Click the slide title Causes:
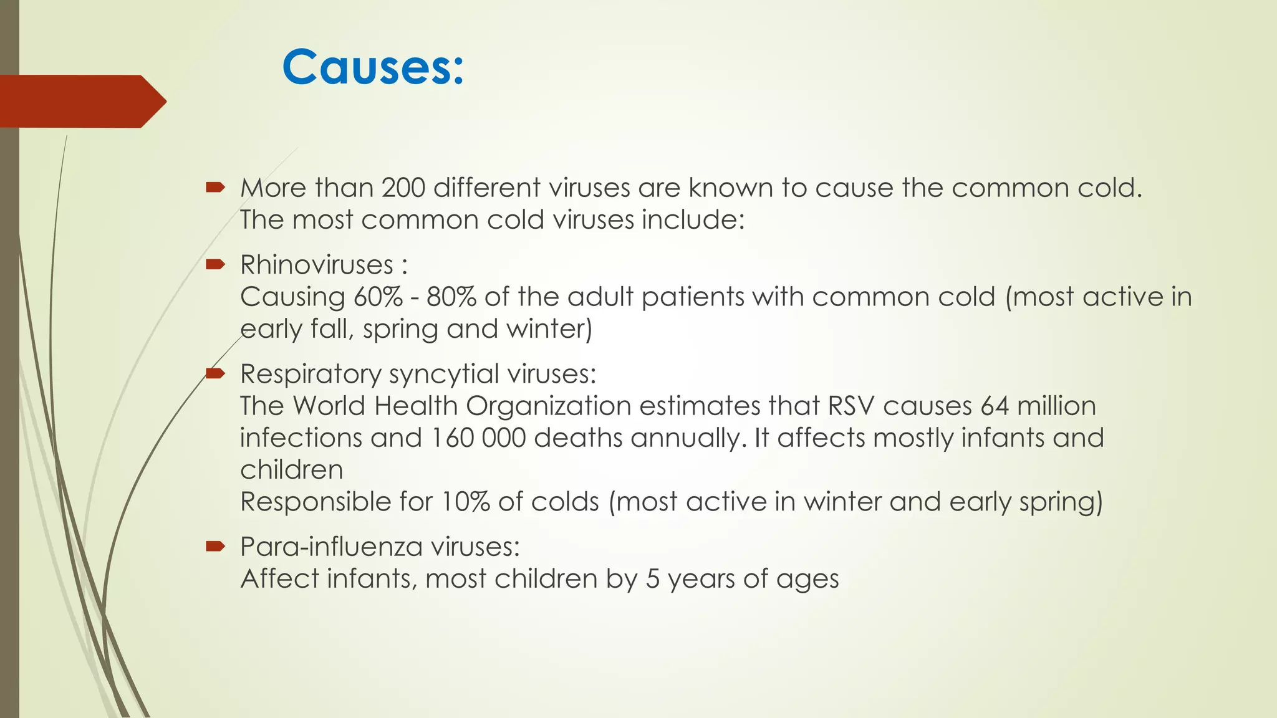point(373,67)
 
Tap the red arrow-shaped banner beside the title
point(81,101)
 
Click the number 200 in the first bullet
point(403,188)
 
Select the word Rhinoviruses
point(317,265)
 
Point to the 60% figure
point(378,297)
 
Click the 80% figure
point(451,297)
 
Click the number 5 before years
point(652,579)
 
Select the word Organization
point(549,406)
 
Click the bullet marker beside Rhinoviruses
point(215,265)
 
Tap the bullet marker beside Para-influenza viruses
point(215,547)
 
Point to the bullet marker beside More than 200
point(215,187)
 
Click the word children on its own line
point(292,470)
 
